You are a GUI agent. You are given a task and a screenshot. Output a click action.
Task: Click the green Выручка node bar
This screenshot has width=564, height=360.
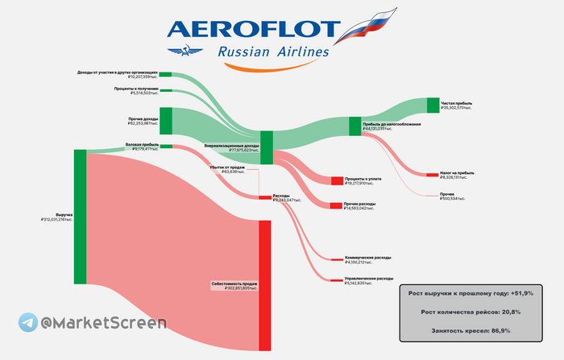80,216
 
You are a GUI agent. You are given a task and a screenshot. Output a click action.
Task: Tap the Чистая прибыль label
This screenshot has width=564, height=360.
456,103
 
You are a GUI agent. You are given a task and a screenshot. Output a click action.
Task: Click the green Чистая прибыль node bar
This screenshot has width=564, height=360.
432,106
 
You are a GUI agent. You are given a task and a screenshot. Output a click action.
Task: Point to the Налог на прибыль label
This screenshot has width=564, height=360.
458,172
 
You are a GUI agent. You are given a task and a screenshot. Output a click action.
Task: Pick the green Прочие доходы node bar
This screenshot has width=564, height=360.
166,120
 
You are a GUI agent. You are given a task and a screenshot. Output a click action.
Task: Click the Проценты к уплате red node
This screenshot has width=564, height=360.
336,180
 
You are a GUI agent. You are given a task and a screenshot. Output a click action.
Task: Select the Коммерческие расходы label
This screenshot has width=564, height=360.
367,258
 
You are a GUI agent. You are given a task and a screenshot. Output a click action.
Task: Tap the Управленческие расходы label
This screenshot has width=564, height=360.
369,279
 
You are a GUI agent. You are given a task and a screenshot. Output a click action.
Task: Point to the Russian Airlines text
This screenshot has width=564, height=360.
274,54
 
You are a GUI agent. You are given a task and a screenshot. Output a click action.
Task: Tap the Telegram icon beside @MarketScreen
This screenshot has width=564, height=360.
27,322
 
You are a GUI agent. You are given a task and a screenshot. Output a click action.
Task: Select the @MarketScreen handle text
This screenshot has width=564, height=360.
104,323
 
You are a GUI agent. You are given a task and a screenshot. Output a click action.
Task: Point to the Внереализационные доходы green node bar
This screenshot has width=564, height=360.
267,147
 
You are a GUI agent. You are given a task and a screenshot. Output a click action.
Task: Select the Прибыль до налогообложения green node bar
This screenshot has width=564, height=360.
355,126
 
